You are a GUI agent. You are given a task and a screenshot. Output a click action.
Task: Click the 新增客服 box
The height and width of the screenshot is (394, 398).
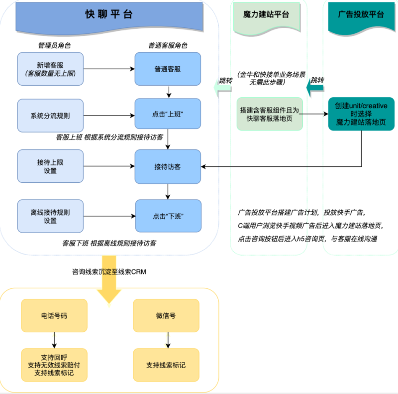click(50, 69)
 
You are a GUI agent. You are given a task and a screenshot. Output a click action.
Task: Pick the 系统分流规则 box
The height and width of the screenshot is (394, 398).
click(50, 116)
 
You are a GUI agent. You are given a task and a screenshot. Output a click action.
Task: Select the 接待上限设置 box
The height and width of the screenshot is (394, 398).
click(50, 166)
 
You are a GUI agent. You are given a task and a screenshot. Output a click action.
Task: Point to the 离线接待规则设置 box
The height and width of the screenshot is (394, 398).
click(50, 216)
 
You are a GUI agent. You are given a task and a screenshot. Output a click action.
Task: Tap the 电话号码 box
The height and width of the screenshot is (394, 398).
click(54, 315)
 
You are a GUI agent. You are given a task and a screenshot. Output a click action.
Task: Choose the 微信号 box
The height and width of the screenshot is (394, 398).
click(166, 315)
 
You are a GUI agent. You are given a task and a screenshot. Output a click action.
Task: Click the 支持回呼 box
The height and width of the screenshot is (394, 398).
click(54, 365)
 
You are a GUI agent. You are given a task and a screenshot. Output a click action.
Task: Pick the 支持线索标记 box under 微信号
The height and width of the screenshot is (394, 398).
click(166, 365)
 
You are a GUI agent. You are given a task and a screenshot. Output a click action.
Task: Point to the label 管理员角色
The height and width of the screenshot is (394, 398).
click(54, 45)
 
